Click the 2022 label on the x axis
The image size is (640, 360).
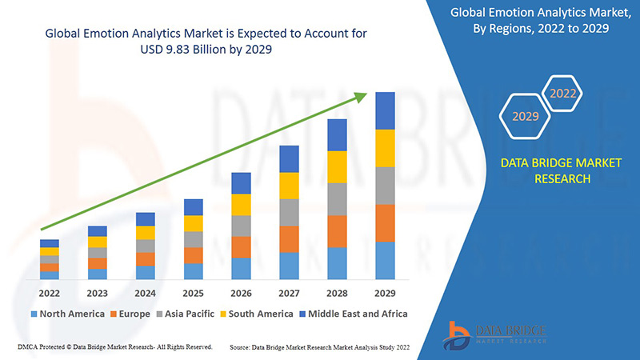pos(49,294)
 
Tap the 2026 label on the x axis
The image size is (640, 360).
pos(241,294)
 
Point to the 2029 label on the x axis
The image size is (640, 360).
pos(385,294)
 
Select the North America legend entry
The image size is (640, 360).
pos(67,314)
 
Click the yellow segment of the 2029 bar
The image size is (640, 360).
pos(385,148)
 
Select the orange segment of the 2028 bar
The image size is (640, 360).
pos(337,231)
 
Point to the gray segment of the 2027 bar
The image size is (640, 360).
pos(289,212)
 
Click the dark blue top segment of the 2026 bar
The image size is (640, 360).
pos(241,183)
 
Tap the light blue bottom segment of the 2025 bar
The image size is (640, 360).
pos(193,271)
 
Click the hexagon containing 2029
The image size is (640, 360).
pos(525,117)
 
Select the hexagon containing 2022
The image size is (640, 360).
pos(563,94)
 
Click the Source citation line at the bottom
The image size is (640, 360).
pos(319,347)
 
